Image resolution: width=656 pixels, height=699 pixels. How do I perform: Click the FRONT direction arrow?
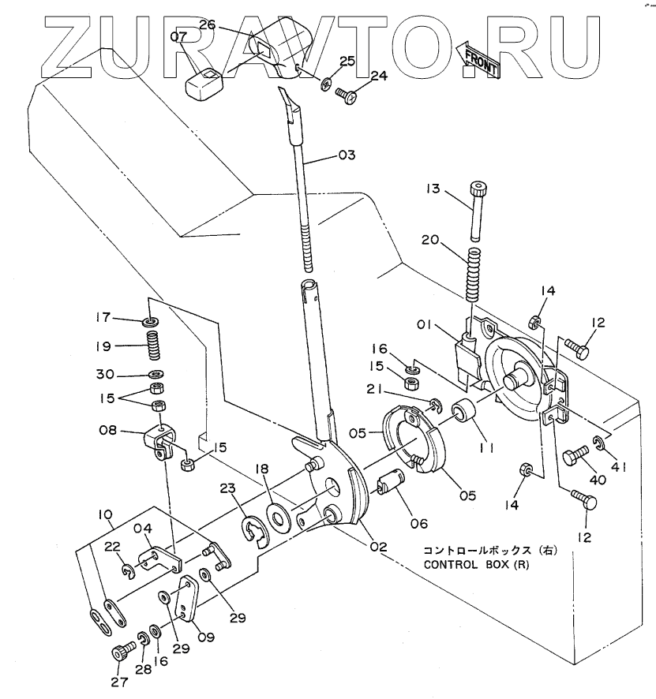[478, 60]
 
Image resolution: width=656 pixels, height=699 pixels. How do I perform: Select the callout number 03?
[347, 155]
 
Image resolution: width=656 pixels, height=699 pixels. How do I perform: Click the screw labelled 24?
[347, 95]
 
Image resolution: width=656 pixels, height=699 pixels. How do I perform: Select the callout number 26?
[207, 25]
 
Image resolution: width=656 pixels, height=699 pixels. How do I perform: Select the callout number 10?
[104, 514]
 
